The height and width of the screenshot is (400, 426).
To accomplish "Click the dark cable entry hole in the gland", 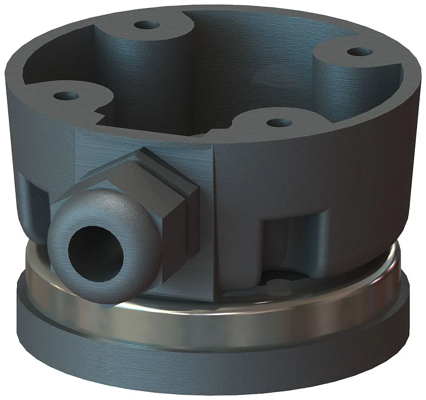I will [x=96, y=255].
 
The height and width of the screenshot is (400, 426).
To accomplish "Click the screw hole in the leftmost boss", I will [x=66, y=95].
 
